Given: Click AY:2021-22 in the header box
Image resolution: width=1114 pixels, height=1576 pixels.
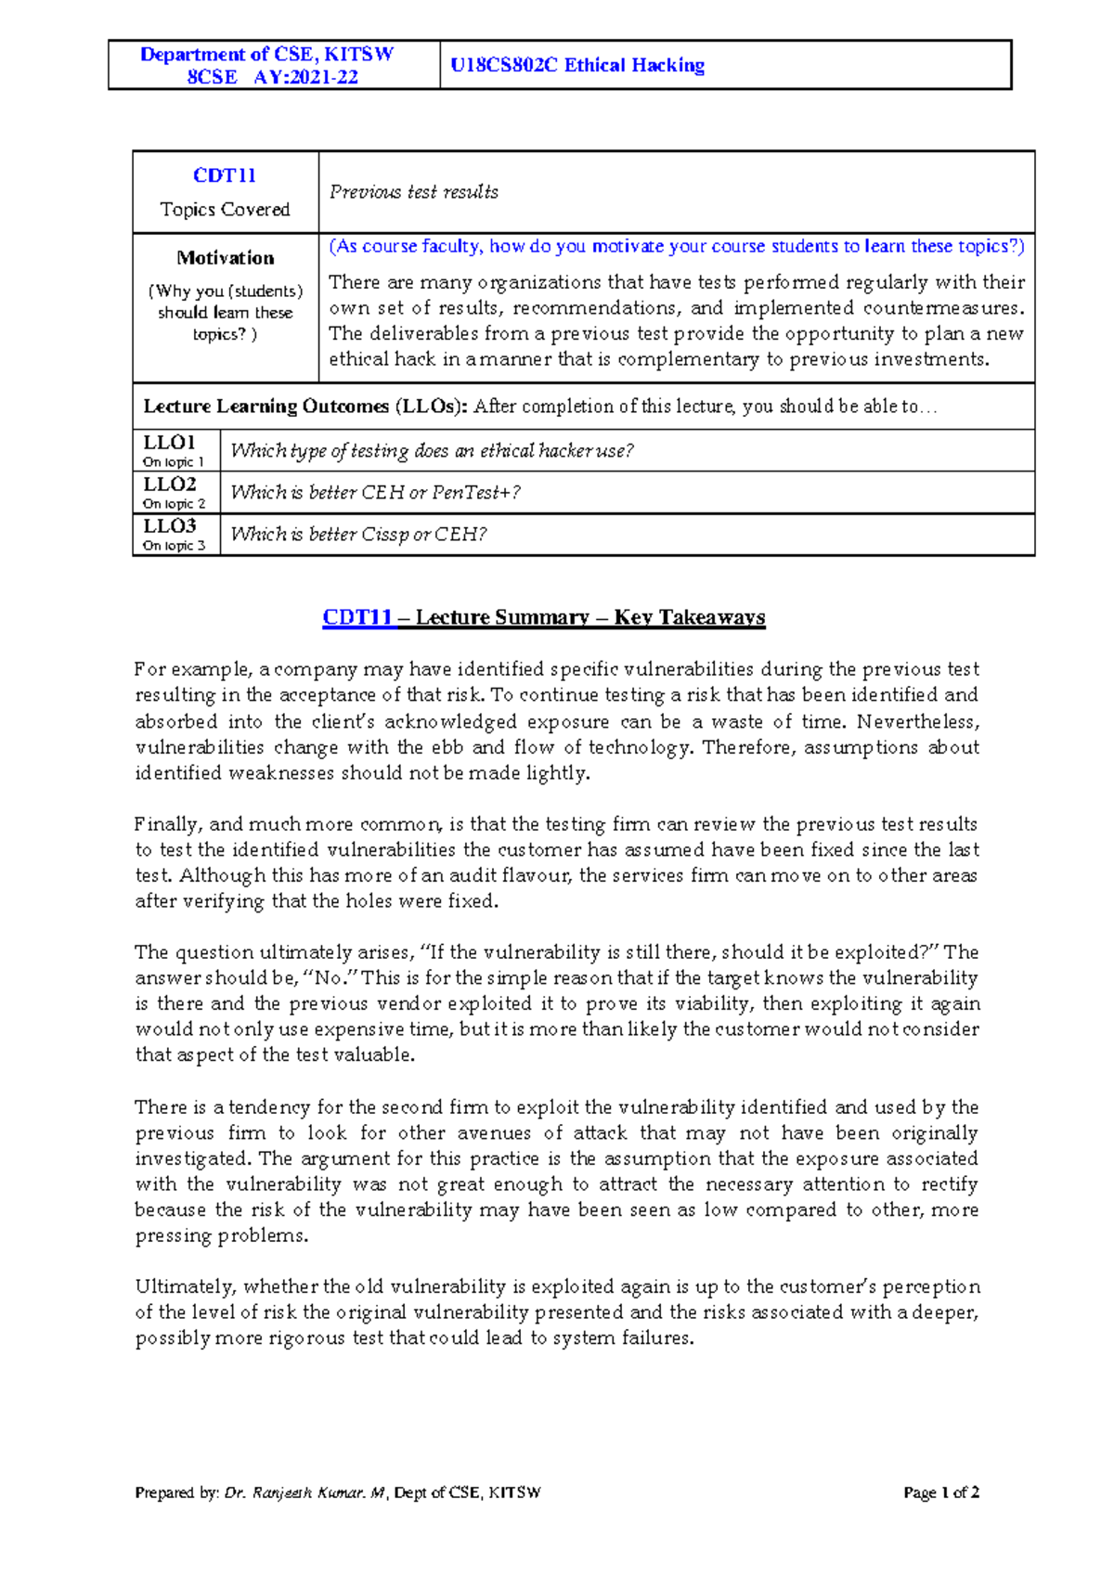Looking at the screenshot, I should pyautogui.click(x=305, y=78).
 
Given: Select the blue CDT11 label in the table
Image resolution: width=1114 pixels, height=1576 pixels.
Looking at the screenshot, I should pyautogui.click(x=225, y=175).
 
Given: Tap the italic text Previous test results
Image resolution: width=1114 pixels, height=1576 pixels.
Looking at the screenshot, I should pyautogui.click(x=413, y=192).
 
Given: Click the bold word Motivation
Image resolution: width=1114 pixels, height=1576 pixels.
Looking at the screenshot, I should pyautogui.click(x=226, y=258).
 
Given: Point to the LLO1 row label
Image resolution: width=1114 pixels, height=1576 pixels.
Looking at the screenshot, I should pyautogui.click(x=169, y=443).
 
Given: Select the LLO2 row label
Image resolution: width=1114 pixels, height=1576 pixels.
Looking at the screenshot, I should pyautogui.click(x=169, y=484).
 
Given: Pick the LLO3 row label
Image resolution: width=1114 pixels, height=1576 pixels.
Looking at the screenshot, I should pyautogui.click(x=169, y=526).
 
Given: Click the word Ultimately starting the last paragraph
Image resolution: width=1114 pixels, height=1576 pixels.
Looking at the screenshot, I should pyautogui.click(x=188, y=1287).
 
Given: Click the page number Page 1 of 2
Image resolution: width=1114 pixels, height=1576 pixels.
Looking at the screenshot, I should pyautogui.click(x=940, y=1492).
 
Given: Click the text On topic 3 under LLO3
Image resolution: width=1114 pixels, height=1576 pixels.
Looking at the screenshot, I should pyautogui.click(x=174, y=546).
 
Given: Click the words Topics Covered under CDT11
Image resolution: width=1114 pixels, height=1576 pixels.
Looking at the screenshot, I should pyautogui.click(x=225, y=210).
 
